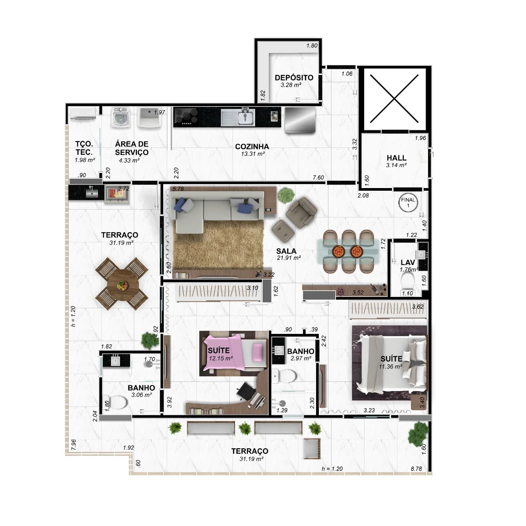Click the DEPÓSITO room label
pyautogui.click(x=294, y=78)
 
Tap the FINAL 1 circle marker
pyautogui.click(x=408, y=202)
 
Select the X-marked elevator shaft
pyautogui.click(x=394, y=99)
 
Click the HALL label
pyautogui.click(x=397, y=158)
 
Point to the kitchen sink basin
pyautogui.click(x=245, y=118)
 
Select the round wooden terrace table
pyautogui.click(x=122, y=283)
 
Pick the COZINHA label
pyautogui.click(x=252, y=147)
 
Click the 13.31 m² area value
pyautogui.click(x=253, y=154)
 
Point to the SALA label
pyautogui.click(x=286, y=251)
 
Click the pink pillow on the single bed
pyautogui.click(x=258, y=352)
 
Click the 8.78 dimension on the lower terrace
pyautogui.click(x=416, y=469)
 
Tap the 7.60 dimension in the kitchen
pyautogui.click(x=318, y=177)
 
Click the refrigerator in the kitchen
pyautogui.click(x=300, y=120)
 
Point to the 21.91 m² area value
pyautogui.click(x=289, y=258)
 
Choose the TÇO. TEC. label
pyautogui.click(x=84, y=148)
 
